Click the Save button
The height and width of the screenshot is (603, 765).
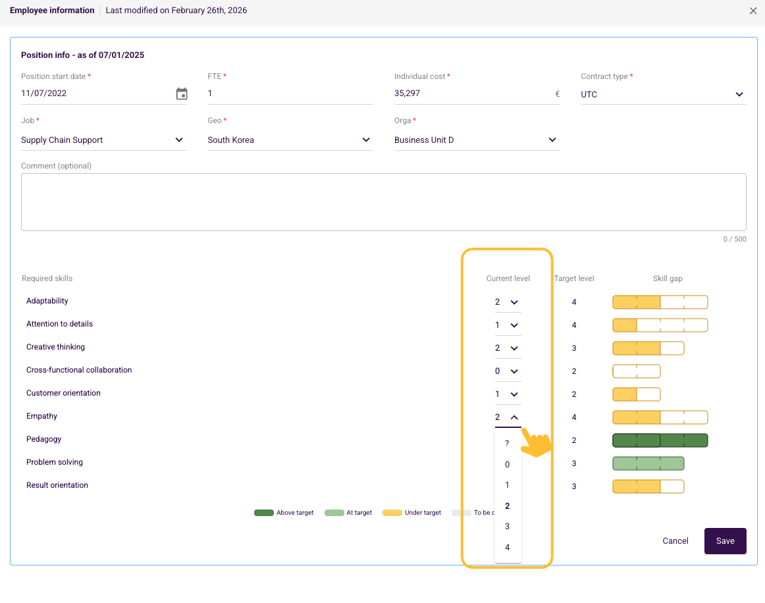pos(725,540)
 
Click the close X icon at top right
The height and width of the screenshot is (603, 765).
pos(752,11)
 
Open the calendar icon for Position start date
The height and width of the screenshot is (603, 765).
pos(182,93)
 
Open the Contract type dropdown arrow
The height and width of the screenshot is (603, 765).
pos(739,94)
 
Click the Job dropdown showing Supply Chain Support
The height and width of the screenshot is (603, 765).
pos(103,140)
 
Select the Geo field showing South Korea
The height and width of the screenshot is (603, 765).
pos(290,140)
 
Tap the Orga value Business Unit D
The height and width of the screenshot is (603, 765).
pos(424,140)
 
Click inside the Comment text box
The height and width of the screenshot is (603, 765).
pos(383,202)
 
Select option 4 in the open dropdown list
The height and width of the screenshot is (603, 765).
pos(508,548)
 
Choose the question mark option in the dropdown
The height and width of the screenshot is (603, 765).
pos(507,444)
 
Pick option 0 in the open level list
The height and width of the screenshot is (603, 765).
pos(508,465)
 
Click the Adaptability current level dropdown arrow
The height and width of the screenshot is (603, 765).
pos(514,302)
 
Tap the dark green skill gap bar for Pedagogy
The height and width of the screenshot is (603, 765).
pos(660,440)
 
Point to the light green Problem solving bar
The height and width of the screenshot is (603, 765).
pos(648,463)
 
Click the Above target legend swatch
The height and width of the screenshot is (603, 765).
pos(264,513)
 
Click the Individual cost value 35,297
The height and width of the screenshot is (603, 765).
pos(407,93)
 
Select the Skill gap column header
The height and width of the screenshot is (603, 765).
pos(668,278)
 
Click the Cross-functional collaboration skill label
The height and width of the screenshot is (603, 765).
pos(79,370)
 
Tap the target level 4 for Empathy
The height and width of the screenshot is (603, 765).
pos(574,417)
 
